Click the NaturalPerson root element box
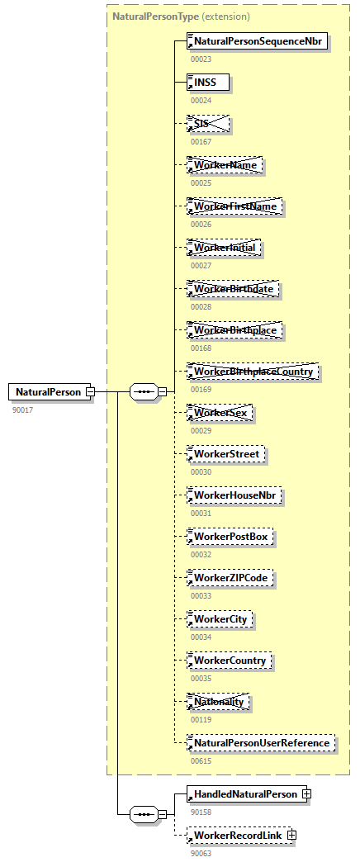coord(48,392)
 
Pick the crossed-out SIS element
coord(208,124)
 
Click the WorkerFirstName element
coord(235,206)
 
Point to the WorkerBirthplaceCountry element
coord(253,372)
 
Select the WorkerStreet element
coord(226,454)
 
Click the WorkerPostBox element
coord(231,537)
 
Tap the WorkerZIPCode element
coord(231,578)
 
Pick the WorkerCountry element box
coord(230,661)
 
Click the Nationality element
coord(220,702)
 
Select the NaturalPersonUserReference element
coord(262,743)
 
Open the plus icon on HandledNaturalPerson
coord(306,794)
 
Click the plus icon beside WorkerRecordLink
coord(290,836)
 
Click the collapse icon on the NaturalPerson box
coord(90,392)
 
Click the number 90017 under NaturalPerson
coord(23,410)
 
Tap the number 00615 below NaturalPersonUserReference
coord(201,760)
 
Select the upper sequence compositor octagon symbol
coord(144,392)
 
